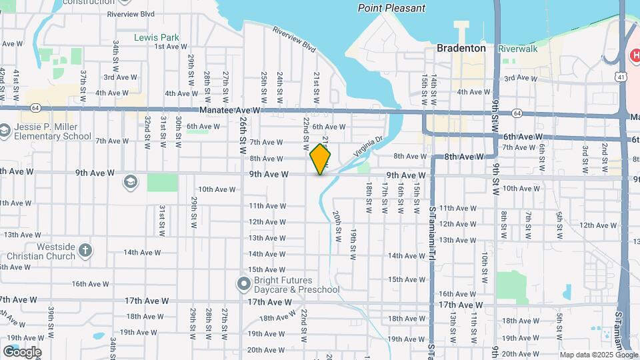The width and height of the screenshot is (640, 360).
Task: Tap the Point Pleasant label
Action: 391,9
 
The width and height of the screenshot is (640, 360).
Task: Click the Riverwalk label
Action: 517,49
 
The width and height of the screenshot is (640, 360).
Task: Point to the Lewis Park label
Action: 151,37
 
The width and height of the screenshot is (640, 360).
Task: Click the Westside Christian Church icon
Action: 85,251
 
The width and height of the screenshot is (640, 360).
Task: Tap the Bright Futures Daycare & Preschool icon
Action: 243,284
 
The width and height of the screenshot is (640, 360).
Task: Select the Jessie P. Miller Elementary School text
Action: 50,131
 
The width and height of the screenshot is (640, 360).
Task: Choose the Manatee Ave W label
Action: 229,111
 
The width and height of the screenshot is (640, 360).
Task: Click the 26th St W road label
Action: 242,133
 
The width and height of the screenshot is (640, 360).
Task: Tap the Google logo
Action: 22,352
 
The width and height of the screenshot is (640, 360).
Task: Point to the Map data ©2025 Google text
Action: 598,355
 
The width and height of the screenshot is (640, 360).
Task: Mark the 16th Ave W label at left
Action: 90,284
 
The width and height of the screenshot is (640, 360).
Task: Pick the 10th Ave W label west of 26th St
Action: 216,189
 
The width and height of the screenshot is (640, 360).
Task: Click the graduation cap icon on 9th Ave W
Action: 131,181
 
